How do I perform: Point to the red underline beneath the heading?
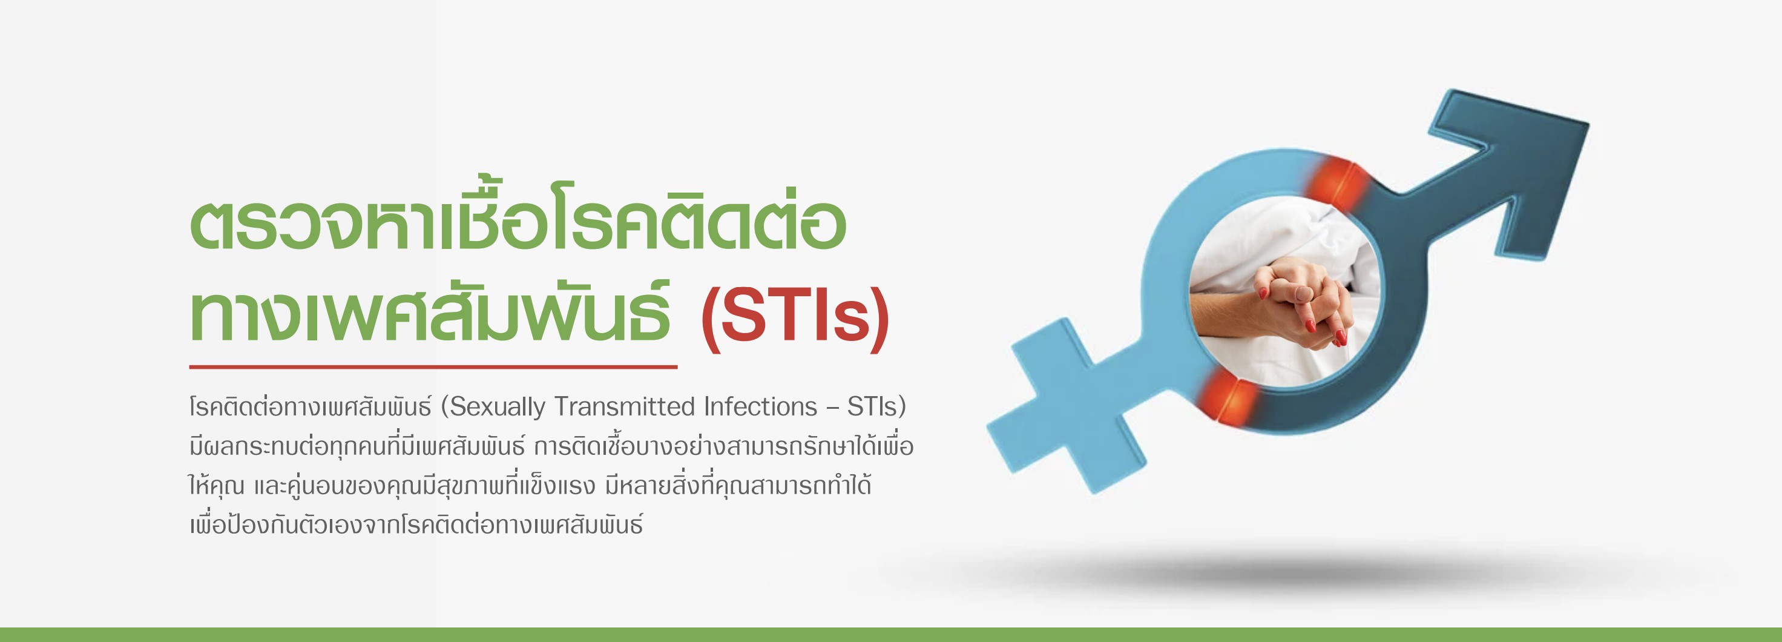click(433, 366)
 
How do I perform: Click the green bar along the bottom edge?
click(891, 634)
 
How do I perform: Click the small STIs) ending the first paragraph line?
click(876, 407)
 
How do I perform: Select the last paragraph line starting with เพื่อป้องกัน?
click(416, 525)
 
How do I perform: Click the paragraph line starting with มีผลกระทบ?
click(551, 446)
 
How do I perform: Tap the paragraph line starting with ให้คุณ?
click(530, 485)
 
